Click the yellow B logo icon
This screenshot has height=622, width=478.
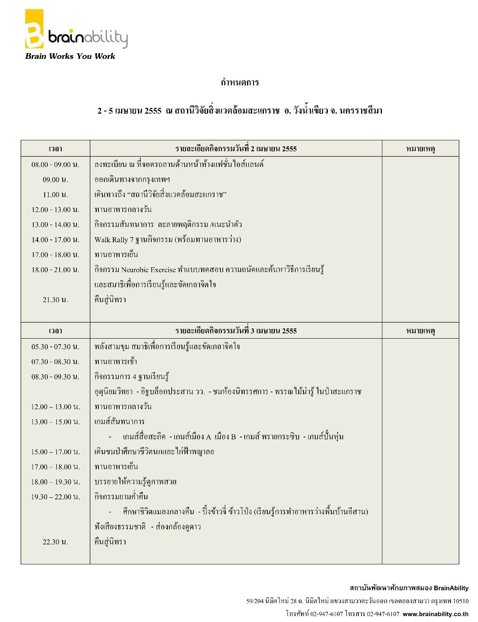(x=34, y=30)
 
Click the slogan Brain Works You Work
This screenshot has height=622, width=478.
(x=70, y=56)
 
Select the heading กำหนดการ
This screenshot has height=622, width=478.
(x=240, y=82)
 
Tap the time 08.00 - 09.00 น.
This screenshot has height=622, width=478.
(x=55, y=165)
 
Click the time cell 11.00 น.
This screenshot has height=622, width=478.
(x=55, y=195)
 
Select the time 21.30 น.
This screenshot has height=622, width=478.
(x=55, y=300)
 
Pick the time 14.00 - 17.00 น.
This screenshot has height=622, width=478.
(x=55, y=240)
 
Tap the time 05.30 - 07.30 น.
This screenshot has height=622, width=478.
(x=55, y=347)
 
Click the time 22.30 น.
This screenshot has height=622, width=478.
(x=55, y=542)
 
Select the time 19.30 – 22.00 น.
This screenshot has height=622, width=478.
(x=55, y=497)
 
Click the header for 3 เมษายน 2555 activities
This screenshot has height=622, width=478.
(x=236, y=331)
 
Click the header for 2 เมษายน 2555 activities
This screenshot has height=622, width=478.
(x=236, y=149)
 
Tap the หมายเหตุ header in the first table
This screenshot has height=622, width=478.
(x=420, y=149)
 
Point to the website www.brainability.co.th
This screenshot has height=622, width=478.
(x=435, y=614)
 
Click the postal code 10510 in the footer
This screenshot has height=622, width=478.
(x=461, y=601)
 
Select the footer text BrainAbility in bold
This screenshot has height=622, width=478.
(x=451, y=588)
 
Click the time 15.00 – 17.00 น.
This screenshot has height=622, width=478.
(x=55, y=452)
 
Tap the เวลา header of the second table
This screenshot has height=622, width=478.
(x=55, y=331)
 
